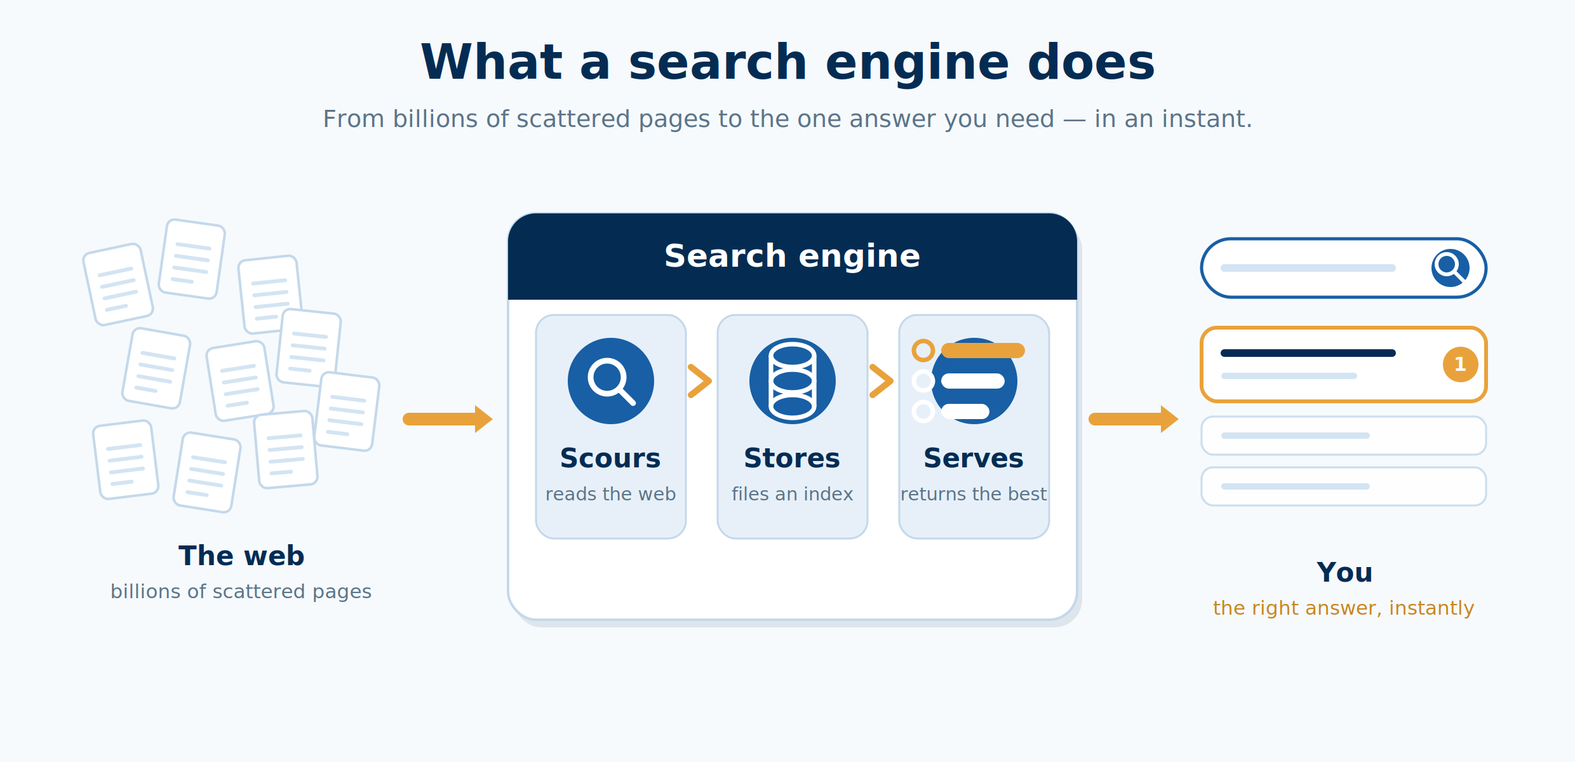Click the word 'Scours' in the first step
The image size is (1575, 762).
point(610,458)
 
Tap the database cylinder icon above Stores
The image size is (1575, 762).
point(793,381)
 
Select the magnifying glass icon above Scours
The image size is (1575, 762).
point(611,381)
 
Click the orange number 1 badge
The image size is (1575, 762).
point(1461,364)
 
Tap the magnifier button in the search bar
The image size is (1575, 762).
point(1451,268)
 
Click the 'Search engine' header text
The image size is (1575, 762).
point(792,256)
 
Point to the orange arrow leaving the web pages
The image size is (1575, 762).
point(448,419)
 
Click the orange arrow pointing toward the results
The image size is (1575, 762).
point(1134,419)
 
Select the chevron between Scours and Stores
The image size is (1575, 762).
point(700,381)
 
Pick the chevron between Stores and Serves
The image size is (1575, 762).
point(881,381)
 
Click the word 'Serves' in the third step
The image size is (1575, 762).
point(974,458)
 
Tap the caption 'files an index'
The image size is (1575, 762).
point(792,494)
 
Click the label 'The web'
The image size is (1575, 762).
point(241,556)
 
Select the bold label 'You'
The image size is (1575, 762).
point(1344,572)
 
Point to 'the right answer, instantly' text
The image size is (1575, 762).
point(1343,608)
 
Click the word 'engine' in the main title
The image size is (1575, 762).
point(917,63)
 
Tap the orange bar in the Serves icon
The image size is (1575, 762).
point(983,351)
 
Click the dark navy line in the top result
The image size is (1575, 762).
point(1308,353)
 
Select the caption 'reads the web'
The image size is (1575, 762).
point(610,494)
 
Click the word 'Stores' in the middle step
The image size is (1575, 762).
point(792,458)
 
